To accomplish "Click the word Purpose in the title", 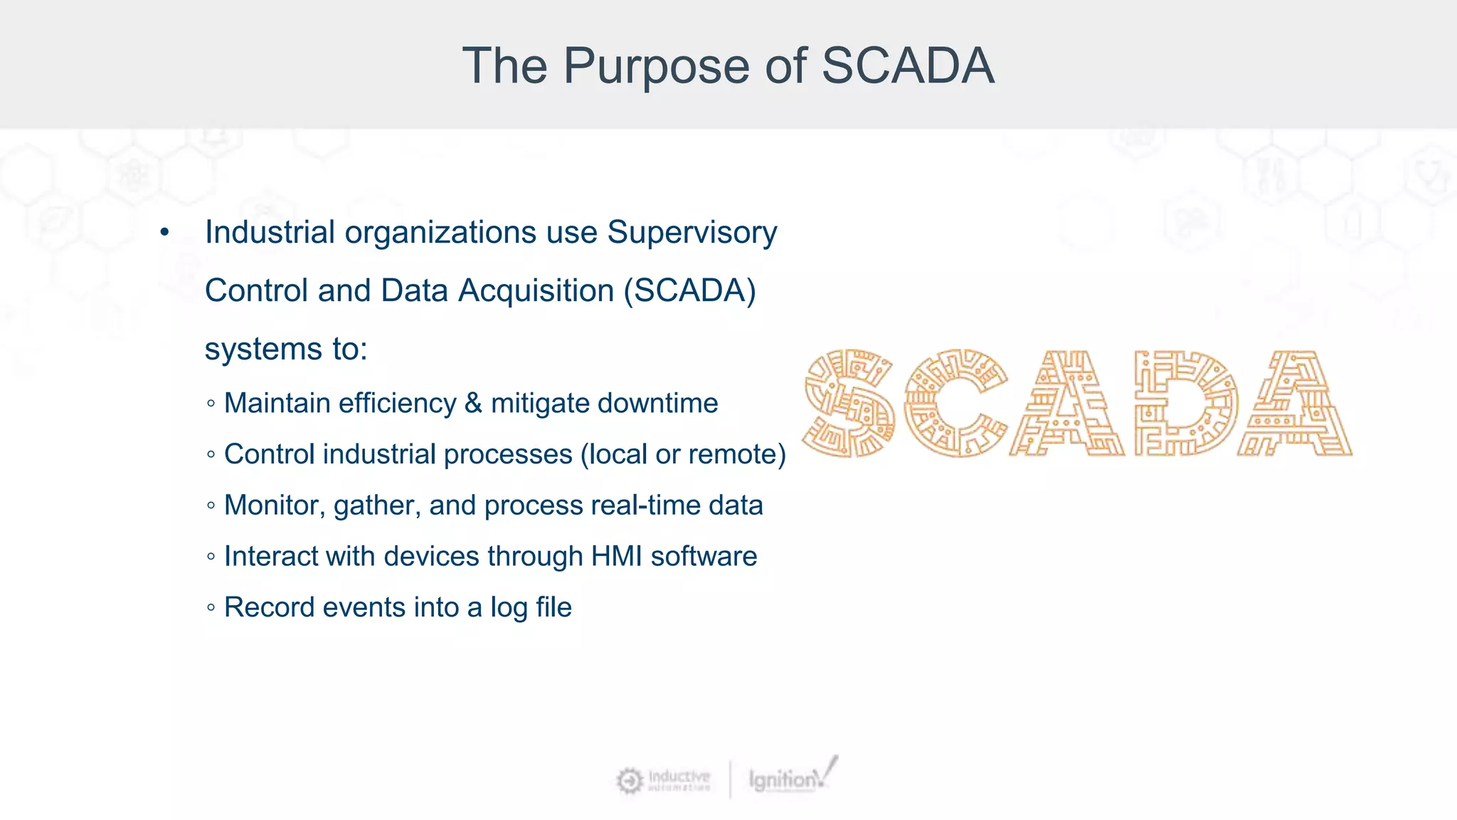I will (x=657, y=66).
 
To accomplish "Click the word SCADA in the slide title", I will (x=908, y=66).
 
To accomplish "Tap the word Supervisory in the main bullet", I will (x=692, y=232).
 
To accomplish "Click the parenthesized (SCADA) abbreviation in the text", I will (x=689, y=290).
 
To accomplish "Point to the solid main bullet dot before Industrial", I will (x=165, y=233).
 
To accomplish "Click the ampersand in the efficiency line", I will (x=473, y=404).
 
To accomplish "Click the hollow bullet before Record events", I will (x=211, y=608).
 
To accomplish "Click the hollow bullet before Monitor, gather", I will (x=211, y=505).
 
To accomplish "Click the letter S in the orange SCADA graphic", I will (x=848, y=403).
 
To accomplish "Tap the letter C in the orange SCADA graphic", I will (x=955, y=403).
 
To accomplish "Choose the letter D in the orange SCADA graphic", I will (x=1185, y=403).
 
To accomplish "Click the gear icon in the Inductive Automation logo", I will (x=629, y=780).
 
